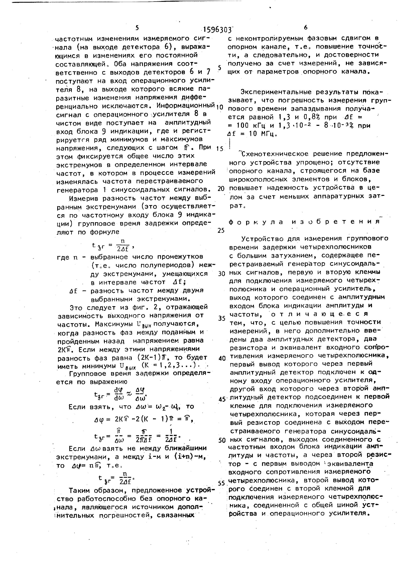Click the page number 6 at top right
tap(306, 27)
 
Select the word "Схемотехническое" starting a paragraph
tap(277, 154)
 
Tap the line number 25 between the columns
tap(221, 230)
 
